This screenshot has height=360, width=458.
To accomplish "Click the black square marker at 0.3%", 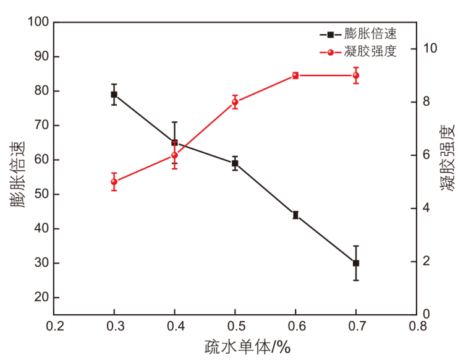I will (114, 95).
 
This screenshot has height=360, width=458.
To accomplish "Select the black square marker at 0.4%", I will (174, 143).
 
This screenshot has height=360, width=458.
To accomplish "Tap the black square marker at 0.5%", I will (235, 163).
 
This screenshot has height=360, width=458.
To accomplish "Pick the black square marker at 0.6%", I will (295, 215).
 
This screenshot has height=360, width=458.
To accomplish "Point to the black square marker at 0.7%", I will (356, 263).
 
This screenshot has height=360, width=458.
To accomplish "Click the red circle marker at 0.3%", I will (114, 182).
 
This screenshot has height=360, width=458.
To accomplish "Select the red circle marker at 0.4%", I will (174, 155).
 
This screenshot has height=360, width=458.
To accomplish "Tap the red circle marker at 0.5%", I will (235, 102).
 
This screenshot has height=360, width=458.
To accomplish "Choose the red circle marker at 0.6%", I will (295, 75).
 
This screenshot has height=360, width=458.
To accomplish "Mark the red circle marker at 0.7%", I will (356, 75).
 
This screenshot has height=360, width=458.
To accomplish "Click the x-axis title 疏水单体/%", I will (247, 347).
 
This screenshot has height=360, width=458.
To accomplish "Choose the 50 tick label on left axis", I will (41, 194).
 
